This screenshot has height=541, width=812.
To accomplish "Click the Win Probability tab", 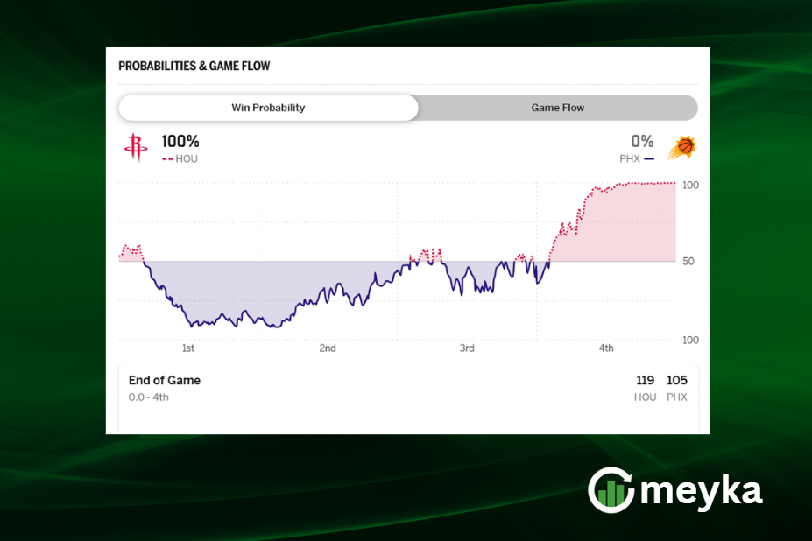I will point(268,108).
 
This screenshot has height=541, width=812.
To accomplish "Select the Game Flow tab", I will point(557,108).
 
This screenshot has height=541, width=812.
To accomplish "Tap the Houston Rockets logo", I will point(136,147).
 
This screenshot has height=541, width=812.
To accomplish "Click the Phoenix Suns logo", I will point(681,148).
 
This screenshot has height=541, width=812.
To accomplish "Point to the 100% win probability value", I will point(180,141).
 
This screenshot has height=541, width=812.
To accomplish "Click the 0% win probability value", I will point(642,141).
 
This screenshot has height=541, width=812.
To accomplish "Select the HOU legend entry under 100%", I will point(180,159).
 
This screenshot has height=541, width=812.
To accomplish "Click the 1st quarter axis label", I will point(188,348).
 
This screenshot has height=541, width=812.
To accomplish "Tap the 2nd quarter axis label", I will point(328,348).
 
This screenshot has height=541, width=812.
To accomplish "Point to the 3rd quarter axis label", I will point(467,348).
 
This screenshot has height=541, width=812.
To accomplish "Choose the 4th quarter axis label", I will point(606,348).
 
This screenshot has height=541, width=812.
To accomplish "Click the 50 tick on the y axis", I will point(690,262).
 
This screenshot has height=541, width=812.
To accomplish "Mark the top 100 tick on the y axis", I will point(690,186).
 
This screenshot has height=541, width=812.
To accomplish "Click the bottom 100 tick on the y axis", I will point(690,340).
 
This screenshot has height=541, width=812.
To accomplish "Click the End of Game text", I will point(165,381).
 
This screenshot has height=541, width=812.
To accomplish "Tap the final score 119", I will point(646,381).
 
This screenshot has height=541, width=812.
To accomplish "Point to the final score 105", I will point(677,381).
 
